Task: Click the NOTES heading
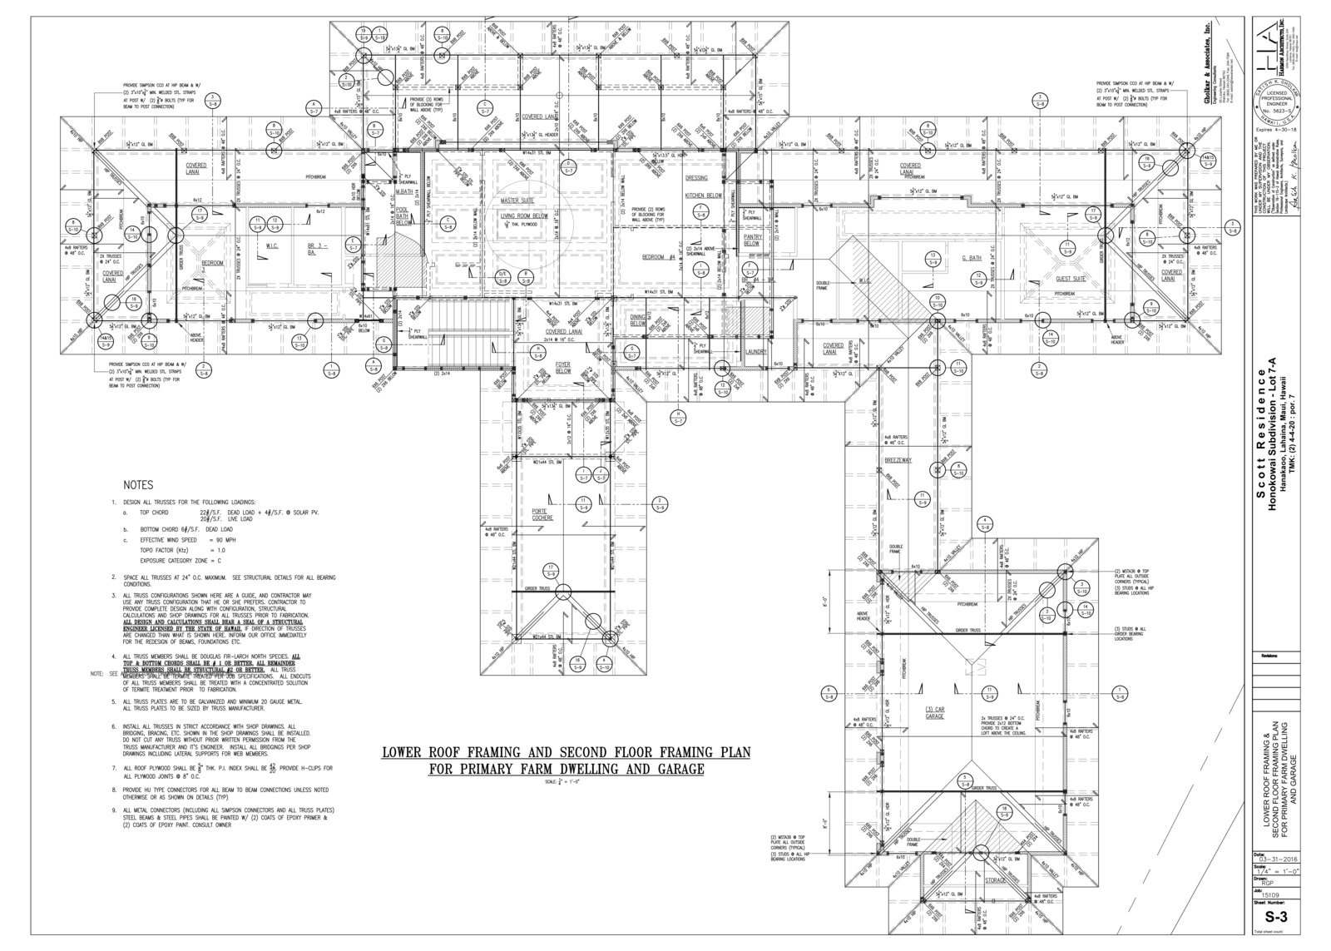pyautogui.click(x=138, y=484)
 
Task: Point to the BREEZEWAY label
pyautogui.click(x=898, y=460)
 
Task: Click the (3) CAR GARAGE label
pyautogui.click(x=935, y=713)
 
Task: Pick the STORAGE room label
pyautogui.click(x=996, y=879)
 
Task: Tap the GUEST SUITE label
pyautogui.click(x=1071, y=279)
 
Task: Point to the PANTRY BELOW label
pyautogui.click(x=752, y=240)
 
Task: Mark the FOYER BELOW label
pyautogui.click(x=564, y=367)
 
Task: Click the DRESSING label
pyautogui.click(x=696, y=178)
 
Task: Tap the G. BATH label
pyautogui.click(x=972, y=258)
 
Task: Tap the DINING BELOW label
pyautogui.click(x=638, y=320)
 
